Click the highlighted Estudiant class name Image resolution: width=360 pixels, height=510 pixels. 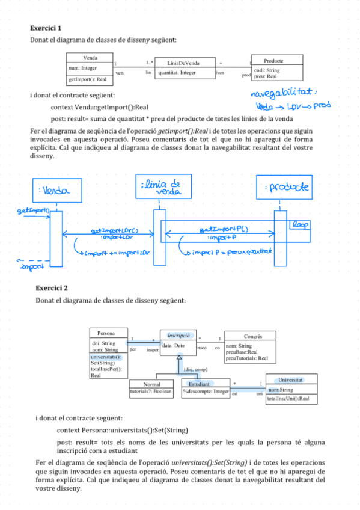tap(198, 383)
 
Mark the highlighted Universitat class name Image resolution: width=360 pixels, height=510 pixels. tap(290, 380)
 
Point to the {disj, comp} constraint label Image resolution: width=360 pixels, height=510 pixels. tap(195, 369)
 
